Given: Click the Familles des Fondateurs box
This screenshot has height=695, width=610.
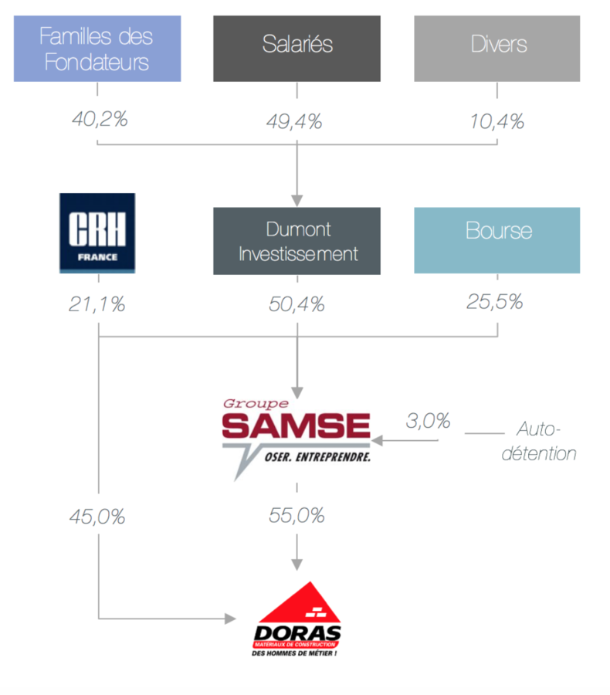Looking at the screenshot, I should [97, 48].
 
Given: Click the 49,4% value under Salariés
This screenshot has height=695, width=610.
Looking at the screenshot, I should [297, 121].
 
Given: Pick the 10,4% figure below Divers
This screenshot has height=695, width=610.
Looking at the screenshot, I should [496, 121].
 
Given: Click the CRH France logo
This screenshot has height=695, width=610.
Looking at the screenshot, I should [97, 233].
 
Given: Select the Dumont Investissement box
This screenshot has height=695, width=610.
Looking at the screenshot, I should [297, 241].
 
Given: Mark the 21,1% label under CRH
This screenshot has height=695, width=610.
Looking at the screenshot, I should [97, 304].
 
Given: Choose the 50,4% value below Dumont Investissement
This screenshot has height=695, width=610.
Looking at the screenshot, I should [297, 304].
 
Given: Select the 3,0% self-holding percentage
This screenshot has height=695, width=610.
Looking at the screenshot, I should [428, 422].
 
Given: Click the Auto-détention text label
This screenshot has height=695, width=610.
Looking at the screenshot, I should [538, 441].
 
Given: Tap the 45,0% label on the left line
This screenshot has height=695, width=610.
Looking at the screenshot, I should [97, 517].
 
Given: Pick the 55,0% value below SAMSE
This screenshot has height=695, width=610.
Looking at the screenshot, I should [297, 516].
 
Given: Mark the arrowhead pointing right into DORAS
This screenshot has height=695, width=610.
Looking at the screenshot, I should [229, 619].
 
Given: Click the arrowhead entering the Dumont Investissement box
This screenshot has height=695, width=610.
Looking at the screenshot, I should [297, 201].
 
